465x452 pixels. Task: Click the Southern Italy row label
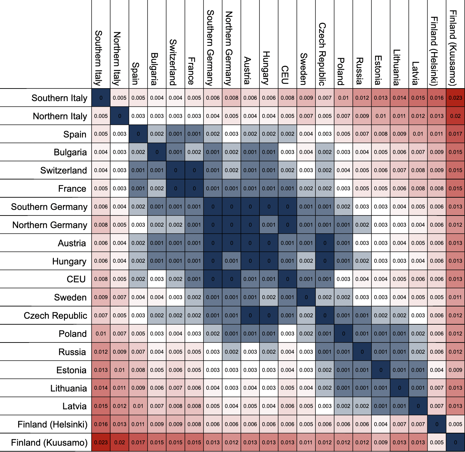(x=59, y=98)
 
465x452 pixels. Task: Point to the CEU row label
(x=76, y=279)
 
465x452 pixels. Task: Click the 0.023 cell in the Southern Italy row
(x=455, y=98)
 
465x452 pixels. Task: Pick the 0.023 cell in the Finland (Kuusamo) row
(x=101, y=442)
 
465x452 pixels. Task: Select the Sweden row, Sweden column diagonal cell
(x=306, y=297)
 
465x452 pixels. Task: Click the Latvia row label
(x=74, y=406)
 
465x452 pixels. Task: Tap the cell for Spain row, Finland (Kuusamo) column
(x=455, y=134)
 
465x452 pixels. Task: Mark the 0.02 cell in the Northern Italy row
(x=455, y=116)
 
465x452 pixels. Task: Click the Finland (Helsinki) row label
(x=52, y=424)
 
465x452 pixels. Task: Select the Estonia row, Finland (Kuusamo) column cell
(x=455, y=370)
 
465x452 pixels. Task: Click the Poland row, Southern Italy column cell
(x=101, y=333)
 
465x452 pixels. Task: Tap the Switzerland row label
(x=64, y=170)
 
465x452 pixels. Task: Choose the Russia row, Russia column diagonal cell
(x=362, y=352)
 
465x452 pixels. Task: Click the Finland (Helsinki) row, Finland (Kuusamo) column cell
(x=455, y=424)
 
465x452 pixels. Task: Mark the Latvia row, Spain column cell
(x=138, y=406)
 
